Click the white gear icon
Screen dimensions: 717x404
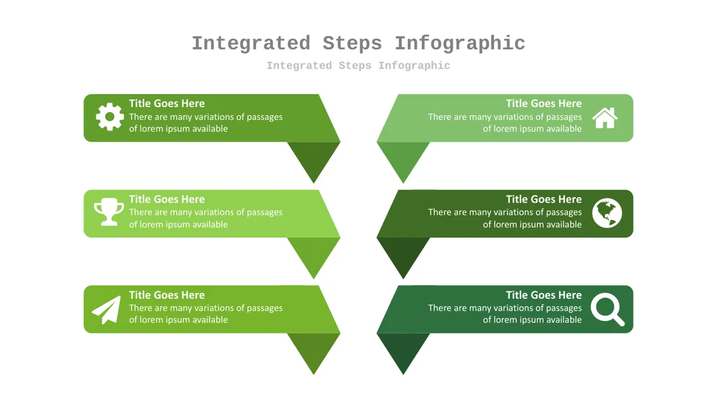(110, 117)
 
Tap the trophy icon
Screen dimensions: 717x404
(109, 212)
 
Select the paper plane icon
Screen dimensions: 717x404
(107, 310)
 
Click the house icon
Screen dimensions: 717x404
(605, 118)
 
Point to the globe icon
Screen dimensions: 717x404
(607, 213)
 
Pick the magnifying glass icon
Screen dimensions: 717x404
(608, 309)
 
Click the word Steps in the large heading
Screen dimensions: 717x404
(352, 44)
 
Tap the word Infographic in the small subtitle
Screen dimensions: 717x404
(414, 66)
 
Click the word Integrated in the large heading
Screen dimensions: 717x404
(251, 44)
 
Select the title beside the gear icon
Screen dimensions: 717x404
(167, 103)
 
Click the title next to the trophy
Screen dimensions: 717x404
(167, 199)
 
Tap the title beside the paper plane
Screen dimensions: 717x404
(167, 295)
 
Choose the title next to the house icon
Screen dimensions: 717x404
(544, 103)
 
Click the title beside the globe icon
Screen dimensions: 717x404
(544, 199)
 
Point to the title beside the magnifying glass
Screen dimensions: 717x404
(544, 295)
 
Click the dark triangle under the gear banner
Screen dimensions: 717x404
(314, 157)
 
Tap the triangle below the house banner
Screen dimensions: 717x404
(403, 157)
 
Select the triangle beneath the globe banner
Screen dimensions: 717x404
(403, 253)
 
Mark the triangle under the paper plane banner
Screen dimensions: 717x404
(314, 348)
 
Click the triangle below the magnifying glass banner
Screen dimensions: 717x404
(403, 348)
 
